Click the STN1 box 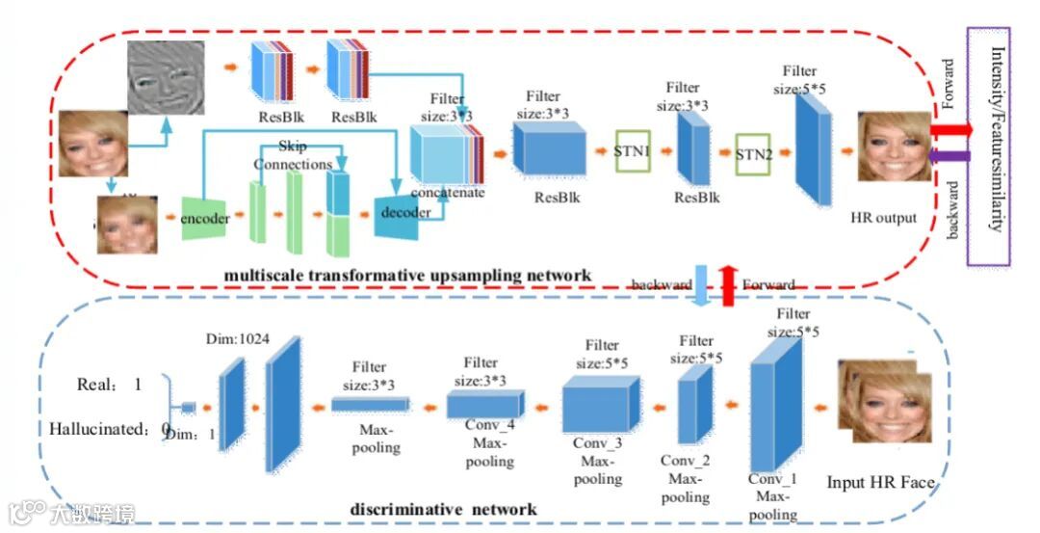[633, 151]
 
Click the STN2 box [755, 153]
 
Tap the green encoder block [205, 218]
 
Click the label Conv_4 [489, 425]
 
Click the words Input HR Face [880, 482]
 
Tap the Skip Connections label [292, 155]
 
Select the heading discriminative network [456, 508]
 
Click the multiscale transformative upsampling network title [406, 276]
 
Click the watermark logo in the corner [72, 513]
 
